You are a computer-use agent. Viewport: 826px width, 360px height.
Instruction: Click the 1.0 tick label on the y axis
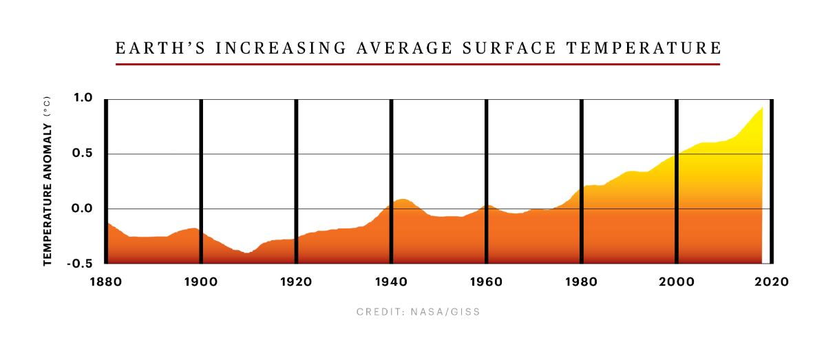click(x=83, y=98)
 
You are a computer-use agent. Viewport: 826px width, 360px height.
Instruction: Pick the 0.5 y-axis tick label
click(x=83, y=153)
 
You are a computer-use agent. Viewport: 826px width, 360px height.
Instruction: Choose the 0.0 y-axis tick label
click(x=83, y=209)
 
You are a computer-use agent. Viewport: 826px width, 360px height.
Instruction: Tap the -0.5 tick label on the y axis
click(x=80, y=264)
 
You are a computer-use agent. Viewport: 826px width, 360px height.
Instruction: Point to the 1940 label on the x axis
click(x=391, y=282)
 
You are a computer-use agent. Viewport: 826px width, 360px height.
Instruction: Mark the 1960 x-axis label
click(x=487, y=282)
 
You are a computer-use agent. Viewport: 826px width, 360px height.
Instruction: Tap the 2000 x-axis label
click(x=677, y=282)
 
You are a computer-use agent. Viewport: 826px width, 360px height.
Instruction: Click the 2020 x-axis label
click(x=772, y=282)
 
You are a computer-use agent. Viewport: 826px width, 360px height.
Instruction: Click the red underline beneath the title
click(x=418, y=64)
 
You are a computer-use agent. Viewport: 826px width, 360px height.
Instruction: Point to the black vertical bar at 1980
click(x=582, y=181)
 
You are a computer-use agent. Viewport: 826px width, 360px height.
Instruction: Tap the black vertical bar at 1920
click(x=296, y=181)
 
